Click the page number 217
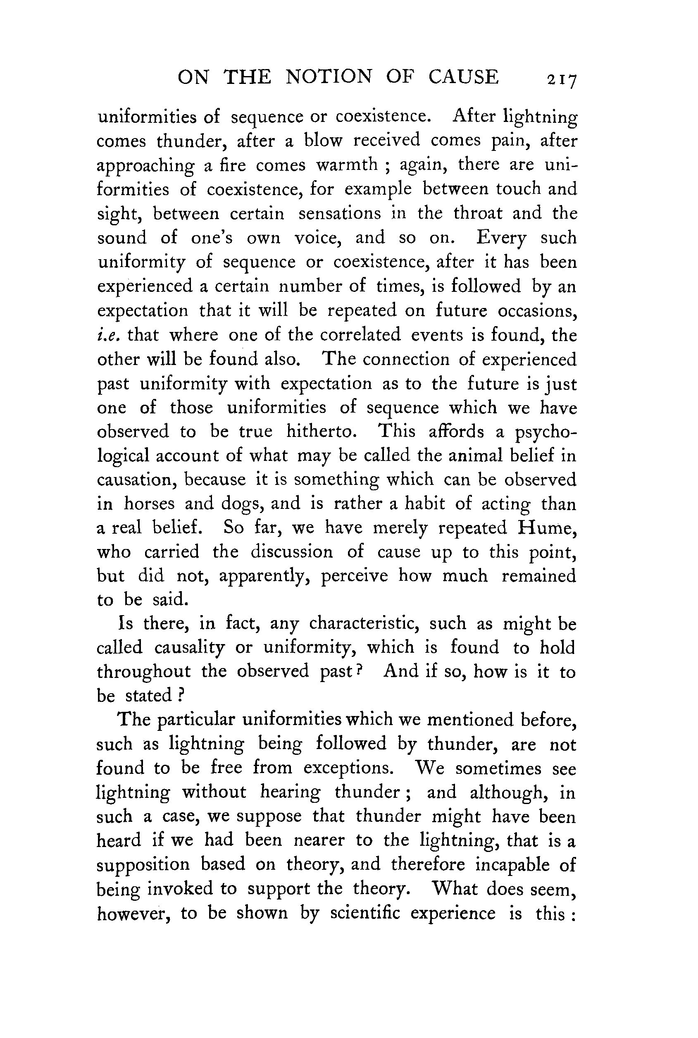[x=562, y=79]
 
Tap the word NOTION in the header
[x=329, y=77]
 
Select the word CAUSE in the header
[x=463, y=77]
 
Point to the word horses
[x=149, y=503]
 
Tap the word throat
[x=478, y=213]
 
